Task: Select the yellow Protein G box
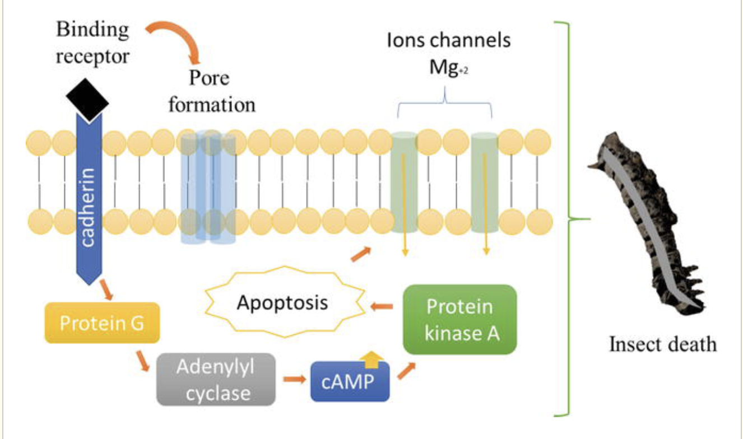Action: (x=103, y=323)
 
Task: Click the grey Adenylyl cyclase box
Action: (x=216, y=380)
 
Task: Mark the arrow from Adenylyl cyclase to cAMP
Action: (x=292, y=380)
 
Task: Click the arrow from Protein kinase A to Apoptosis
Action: (x=383, y=305)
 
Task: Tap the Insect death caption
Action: (x=663, y=343)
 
